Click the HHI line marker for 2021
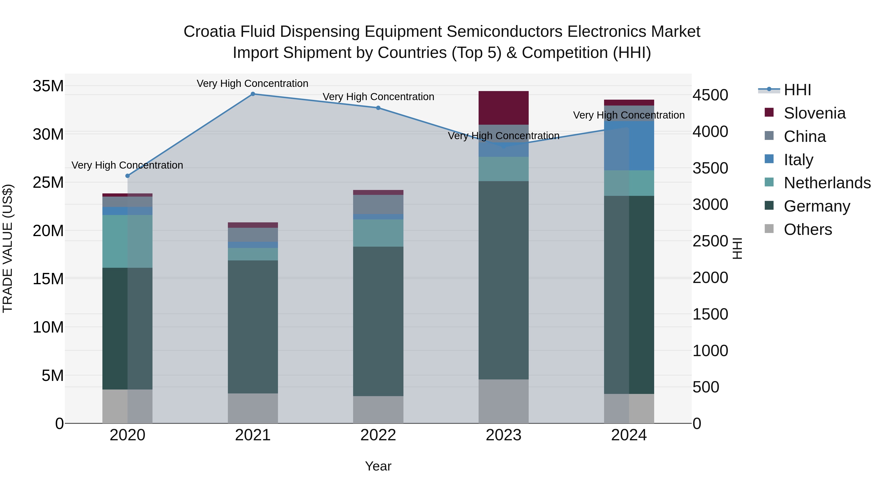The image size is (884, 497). (x=253, y=94)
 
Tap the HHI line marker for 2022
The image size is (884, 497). (x=378, y=108)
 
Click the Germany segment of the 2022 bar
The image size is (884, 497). (x=378, y=321)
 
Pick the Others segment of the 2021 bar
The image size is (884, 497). (x=253, y=408)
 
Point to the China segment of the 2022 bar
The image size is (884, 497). (x=378, y=204)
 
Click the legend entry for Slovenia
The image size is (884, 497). (x=814, y=113)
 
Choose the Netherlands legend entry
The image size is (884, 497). (x=827, y=183)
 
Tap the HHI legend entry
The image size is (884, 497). (x=797, y=90)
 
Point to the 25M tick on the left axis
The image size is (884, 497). (x=48, y=182)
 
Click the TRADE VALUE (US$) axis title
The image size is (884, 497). (x=8, y=248)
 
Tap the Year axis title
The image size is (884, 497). (x=378, y=466)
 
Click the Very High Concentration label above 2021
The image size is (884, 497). (x=253, y=83)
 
